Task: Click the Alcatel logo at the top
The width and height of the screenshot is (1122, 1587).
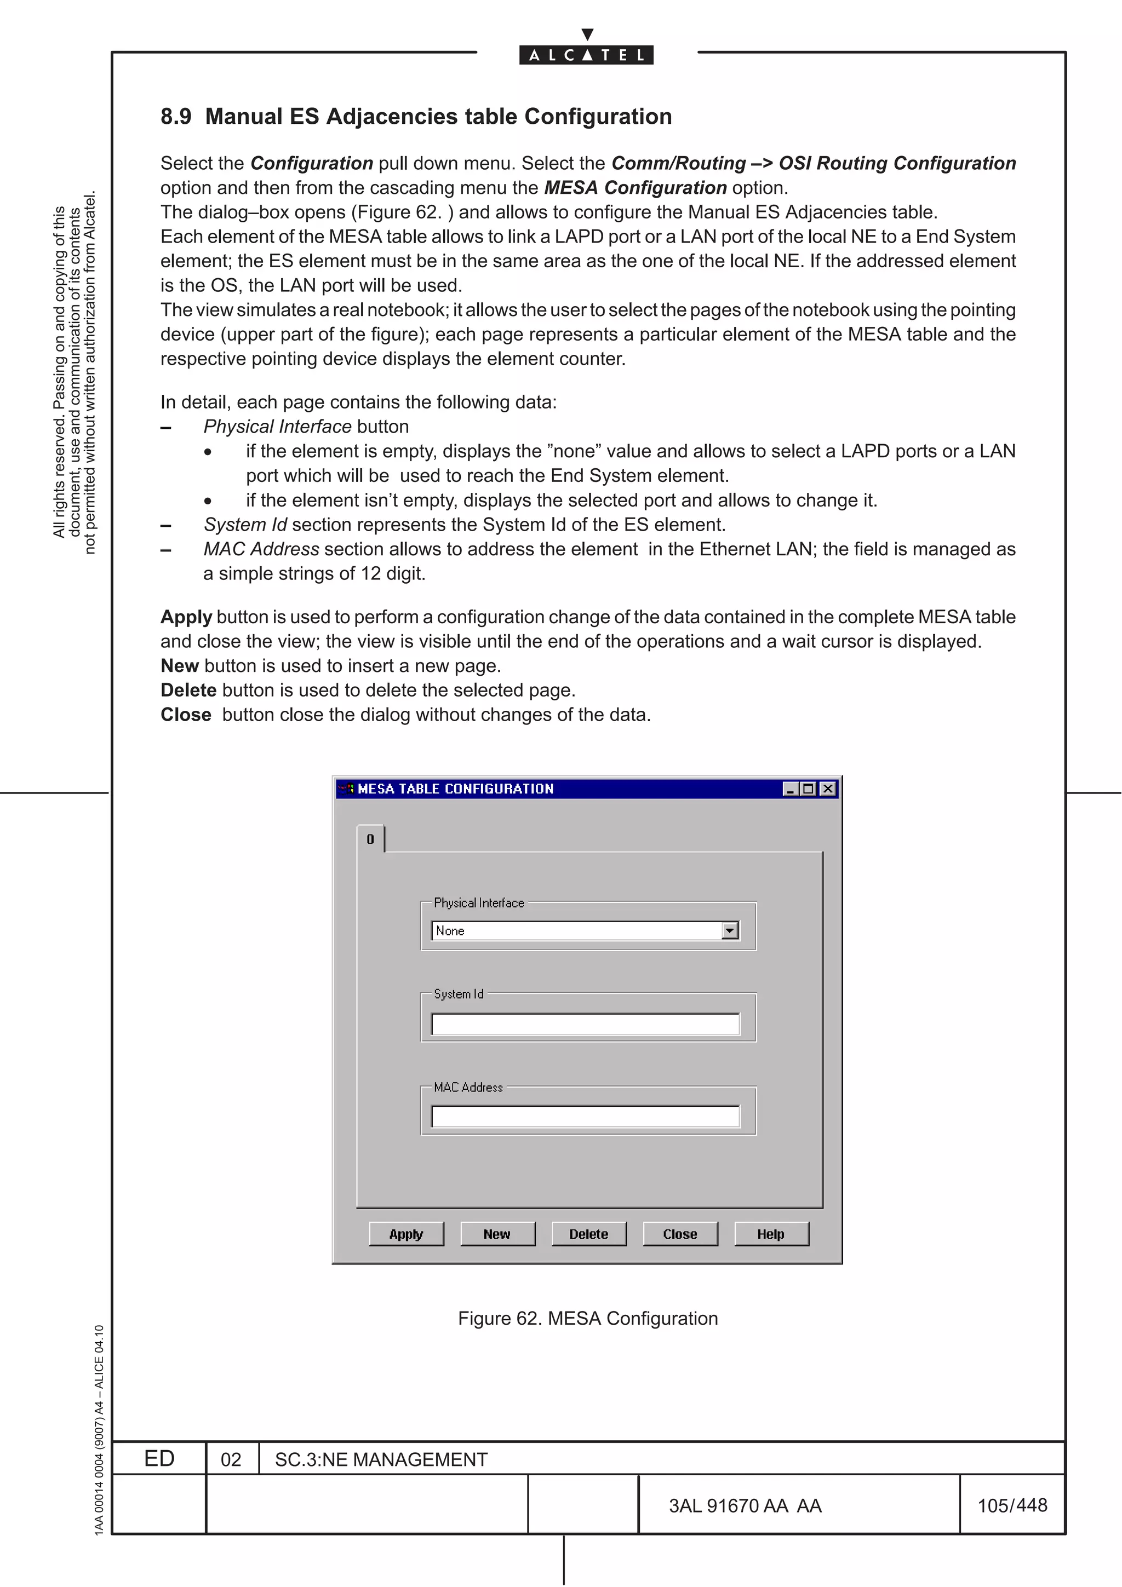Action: (586, 54)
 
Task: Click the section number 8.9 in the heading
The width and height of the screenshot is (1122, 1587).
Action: (176, 117)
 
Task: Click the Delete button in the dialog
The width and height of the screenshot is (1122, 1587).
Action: (588, 1234)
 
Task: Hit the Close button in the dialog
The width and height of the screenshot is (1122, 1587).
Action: (679, 1234)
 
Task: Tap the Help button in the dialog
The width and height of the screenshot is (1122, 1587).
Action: (771, 1234)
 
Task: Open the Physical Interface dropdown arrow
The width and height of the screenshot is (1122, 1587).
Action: (729, 931)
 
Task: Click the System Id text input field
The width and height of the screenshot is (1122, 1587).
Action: (585, 1024)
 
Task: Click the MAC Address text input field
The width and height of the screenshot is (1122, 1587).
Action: (585, 1116)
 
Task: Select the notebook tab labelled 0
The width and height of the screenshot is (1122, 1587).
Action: (370, 839)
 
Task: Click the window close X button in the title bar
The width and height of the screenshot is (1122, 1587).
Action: (827, 789)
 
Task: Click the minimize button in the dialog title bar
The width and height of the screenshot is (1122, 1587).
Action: (790, 789)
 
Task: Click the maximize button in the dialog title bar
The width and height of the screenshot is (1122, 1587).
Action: (808, 789)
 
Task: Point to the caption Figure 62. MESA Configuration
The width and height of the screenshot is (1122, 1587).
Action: (588, 1318)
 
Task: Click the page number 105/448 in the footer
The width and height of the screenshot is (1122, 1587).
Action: (1012, 1505)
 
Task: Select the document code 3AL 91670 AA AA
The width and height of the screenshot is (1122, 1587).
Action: (745, 1506)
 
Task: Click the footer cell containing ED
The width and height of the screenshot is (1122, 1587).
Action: (159, 1458)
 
